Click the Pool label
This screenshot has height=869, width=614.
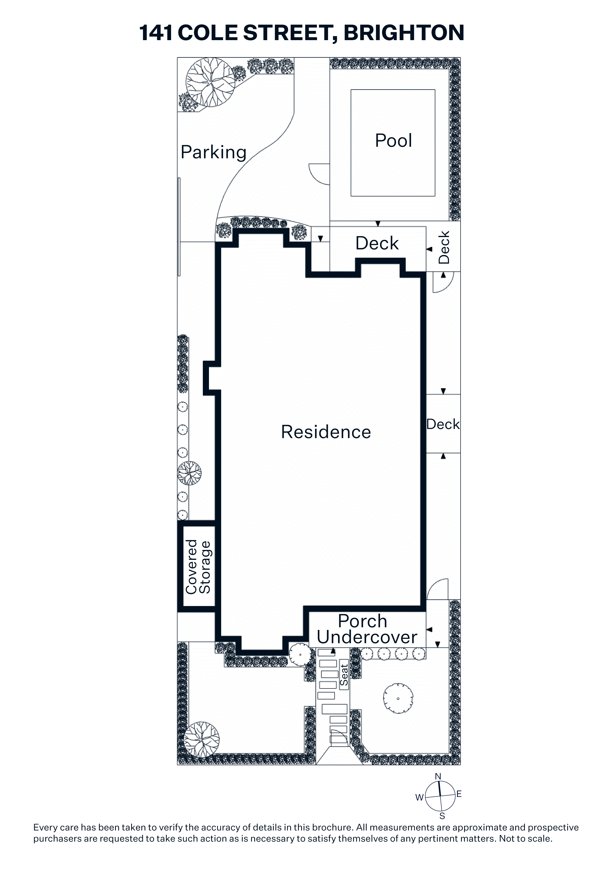click(393, 140)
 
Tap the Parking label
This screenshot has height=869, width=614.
click(214, 153)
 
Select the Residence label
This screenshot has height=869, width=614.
click(326, 432)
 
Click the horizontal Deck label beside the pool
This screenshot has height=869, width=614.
click(377, 243)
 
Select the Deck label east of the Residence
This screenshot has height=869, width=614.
click(443, 424)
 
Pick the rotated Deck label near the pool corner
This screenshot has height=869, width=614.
click(443, 247)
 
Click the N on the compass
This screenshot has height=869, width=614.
click(438, 777)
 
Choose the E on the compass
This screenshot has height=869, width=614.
click(459, 794)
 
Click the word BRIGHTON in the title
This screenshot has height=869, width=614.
click(404, 33)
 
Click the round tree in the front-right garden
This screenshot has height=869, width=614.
click(398, 699)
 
